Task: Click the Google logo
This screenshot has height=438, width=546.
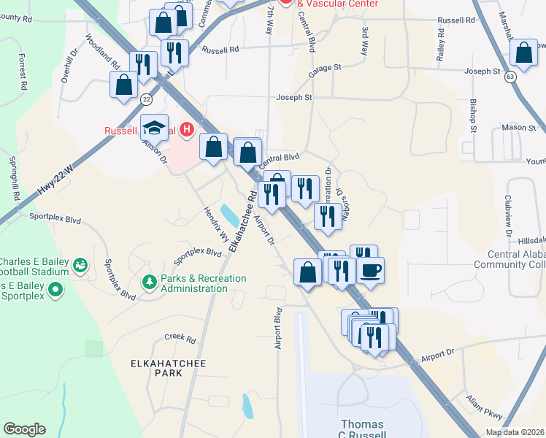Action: point(25,429)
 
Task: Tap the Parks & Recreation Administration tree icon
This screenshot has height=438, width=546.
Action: point(150,282)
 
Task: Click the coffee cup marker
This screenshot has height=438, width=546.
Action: point(370,269)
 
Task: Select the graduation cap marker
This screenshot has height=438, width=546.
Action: point(155,128)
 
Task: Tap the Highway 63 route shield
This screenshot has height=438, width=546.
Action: point(508,76)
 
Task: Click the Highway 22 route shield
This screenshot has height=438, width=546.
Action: point(147,99)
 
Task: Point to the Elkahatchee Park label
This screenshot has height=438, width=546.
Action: point(155,367)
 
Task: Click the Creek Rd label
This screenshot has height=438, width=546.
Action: point(180,339)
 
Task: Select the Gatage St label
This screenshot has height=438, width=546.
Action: point(324,68)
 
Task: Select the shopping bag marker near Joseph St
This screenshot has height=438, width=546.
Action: point(523,52)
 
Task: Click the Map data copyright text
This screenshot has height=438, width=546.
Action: point(515,432)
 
